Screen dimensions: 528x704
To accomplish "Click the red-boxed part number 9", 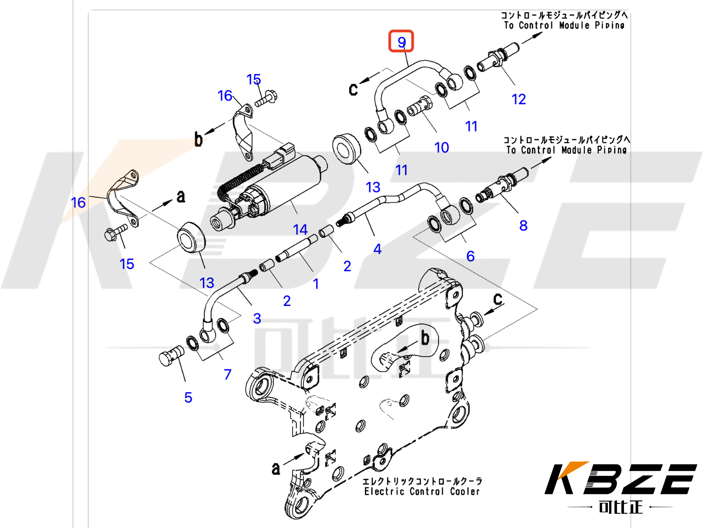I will pos(401,41).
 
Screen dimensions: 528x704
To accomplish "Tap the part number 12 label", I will pos(518,99).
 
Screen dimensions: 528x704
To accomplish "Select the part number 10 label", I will pos(441,147).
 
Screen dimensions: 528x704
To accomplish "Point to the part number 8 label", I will pos(523,226).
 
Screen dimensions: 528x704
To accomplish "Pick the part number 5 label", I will pos(188,398).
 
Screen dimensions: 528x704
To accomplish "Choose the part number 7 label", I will pos(227,374).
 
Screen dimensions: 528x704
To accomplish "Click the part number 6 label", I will pos(470,256).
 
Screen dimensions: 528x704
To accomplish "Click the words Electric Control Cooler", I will pos(422,491).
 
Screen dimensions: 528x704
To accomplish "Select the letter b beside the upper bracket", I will pos(198,139).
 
